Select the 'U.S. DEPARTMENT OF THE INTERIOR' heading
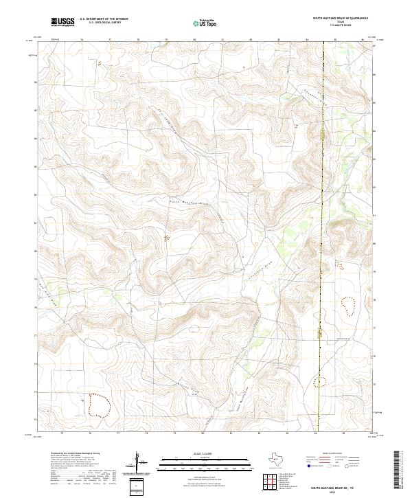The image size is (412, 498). pos(104,19)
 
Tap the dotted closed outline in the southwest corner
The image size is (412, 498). pos(99,406)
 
